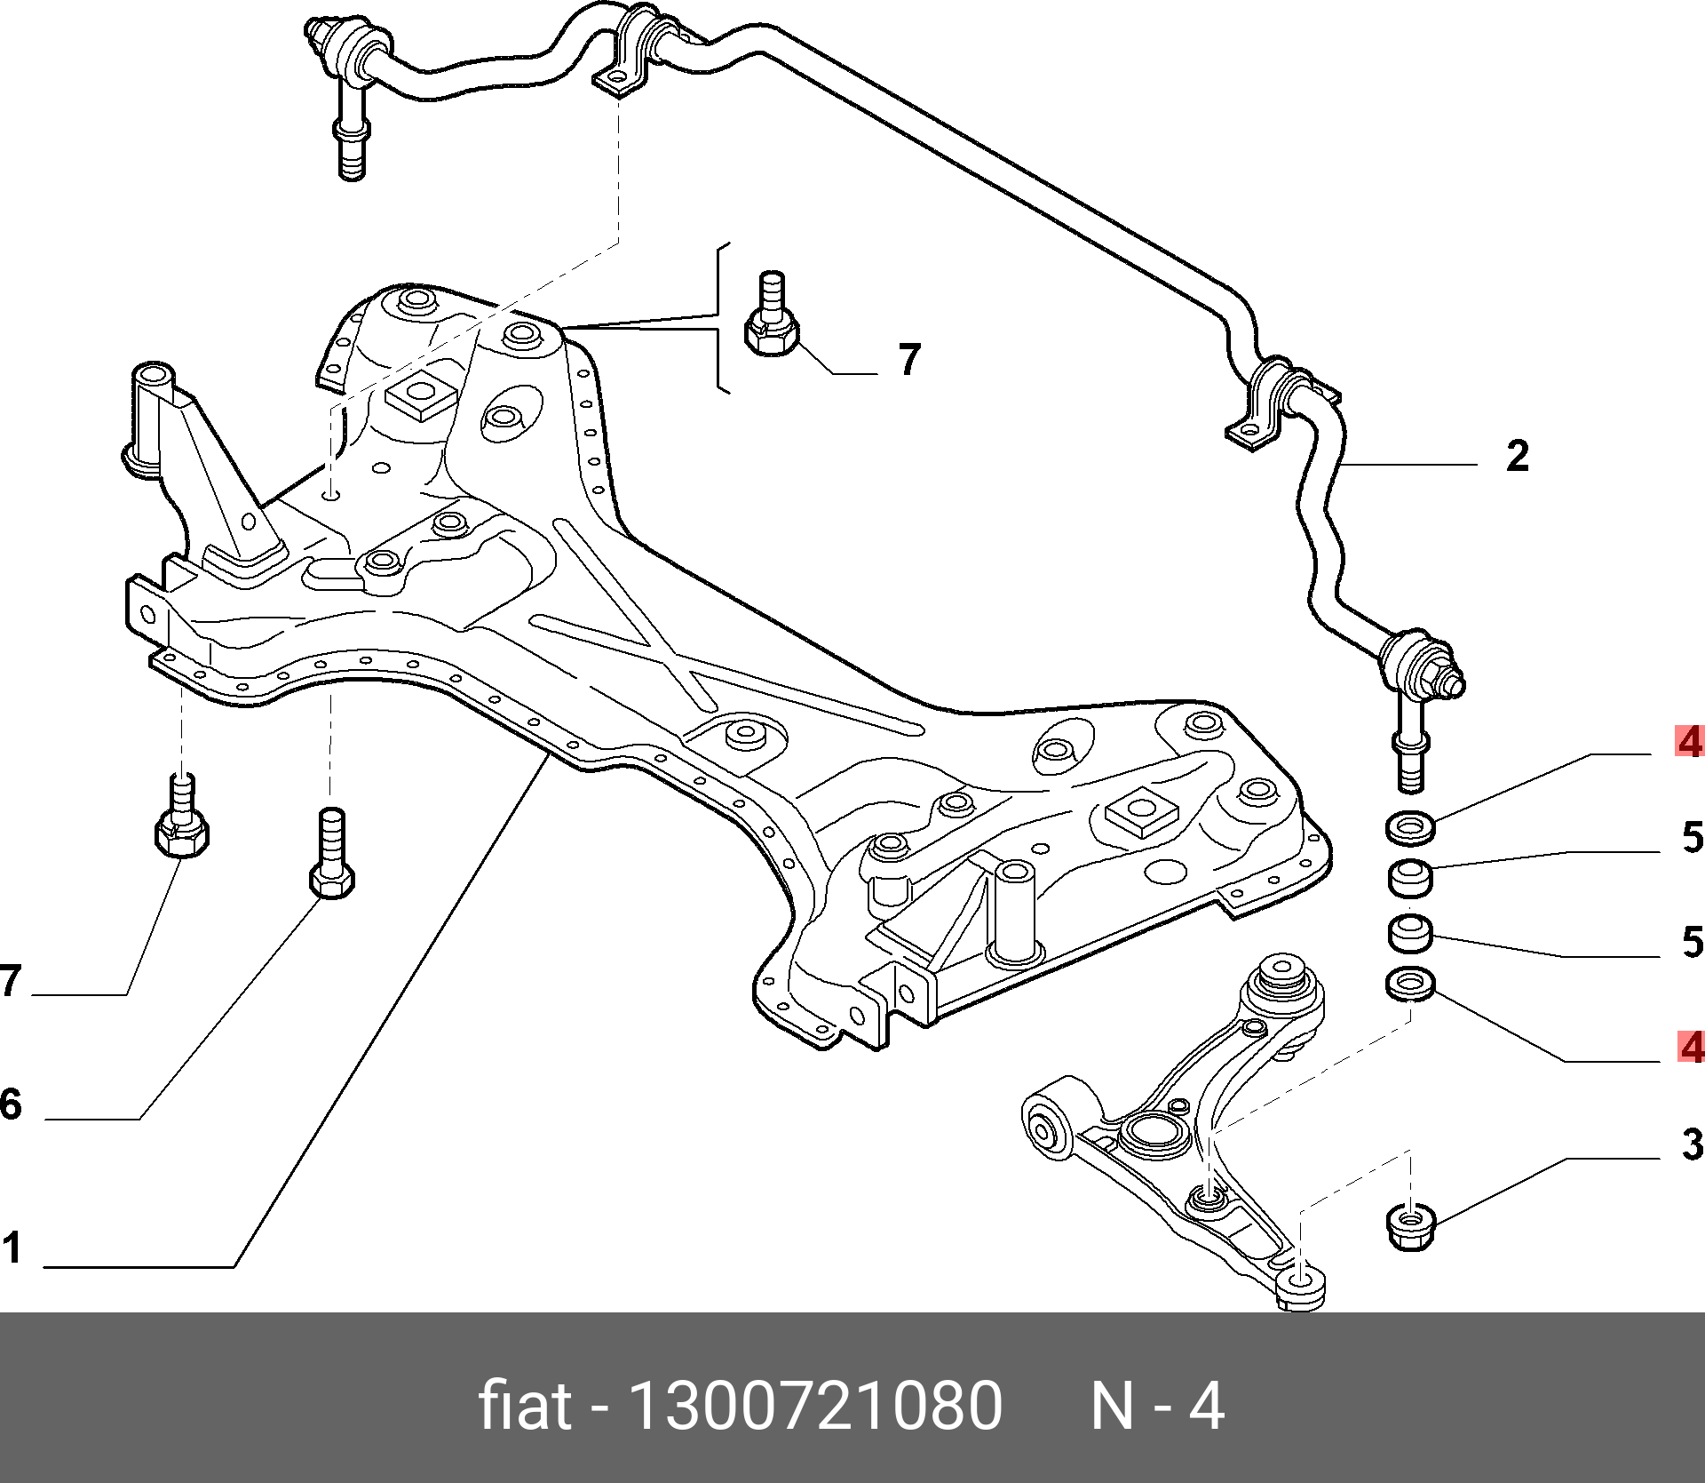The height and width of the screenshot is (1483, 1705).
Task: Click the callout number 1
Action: pyautogui.click(x=12, y=1248)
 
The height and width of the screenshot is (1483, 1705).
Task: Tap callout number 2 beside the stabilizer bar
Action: pyautogui.click(x=1517, y=456)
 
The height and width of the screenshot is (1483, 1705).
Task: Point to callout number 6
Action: pyautogui.click(x=11, y=1104)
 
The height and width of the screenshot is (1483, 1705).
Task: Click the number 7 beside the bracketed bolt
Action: pyautogui.click(x=908, y=360)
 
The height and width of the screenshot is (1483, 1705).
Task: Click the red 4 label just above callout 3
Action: pyautogui.click(x=1690, y=1048)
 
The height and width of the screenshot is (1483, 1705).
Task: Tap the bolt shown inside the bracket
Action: pyautogui.click(x=771, y=320)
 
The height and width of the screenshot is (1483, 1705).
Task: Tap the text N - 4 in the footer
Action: pyautogui.click(x=1157, y=1407)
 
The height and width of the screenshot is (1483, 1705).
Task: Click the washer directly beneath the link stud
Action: pyautogui.click(x=1410, y=827)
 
